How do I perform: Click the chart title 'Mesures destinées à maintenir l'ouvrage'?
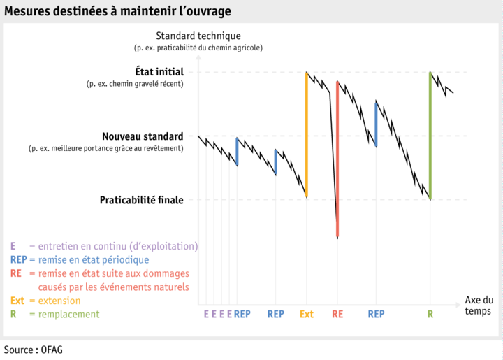pos(117,12)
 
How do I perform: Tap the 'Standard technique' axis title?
pos(198,36)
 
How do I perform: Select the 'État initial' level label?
pos(159,71)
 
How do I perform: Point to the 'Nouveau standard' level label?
pos(143,136)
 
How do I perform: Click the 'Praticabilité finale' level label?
pos(141,200)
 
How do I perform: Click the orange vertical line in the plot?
pos(307,133)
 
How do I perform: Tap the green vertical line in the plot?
pos(430,136)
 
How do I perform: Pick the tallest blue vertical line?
pos(376,124)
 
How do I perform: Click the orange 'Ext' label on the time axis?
pos(307,315)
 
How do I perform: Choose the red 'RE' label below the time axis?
pos(337,315)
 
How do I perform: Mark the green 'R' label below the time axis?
pos(430,315)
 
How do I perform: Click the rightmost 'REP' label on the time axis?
pos(377,315)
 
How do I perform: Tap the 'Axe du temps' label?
pos(479,305)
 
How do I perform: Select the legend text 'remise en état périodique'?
pos(94,259)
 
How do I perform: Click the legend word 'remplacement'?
pos(69,315)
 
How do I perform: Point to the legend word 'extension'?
pos(59,301)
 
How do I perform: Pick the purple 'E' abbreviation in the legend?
pos(13,246)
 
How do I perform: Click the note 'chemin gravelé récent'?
pos(134,84)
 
